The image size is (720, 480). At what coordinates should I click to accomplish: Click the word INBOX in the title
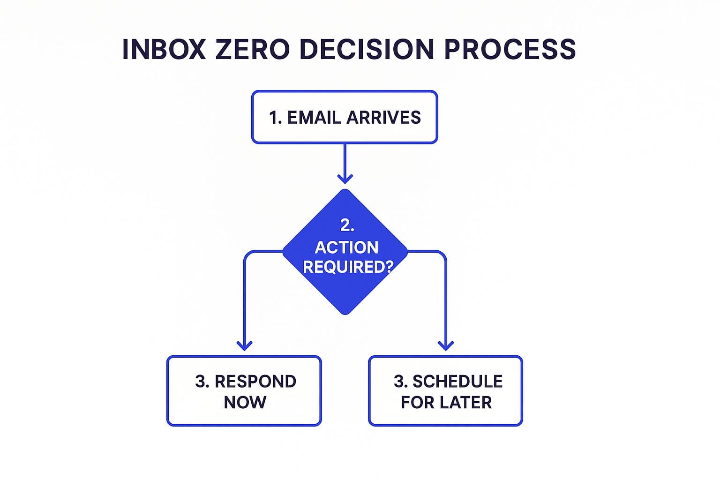pos(164,49)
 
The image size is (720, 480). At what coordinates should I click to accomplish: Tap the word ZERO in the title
pos(252,49)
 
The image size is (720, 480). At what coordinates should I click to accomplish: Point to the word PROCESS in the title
pos(510,49)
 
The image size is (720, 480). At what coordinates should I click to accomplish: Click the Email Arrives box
pos(345,117)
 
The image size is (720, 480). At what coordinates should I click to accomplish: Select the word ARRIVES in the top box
pos(383,117)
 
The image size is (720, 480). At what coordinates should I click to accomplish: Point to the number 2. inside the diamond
pos(347,225)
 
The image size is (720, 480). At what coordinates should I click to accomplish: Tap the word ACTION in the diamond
pos(346,247)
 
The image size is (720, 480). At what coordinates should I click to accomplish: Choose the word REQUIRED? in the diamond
pos(347,267)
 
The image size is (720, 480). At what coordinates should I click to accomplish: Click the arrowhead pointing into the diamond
pos(345,179)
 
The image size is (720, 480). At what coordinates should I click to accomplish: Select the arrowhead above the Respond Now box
pos(244,345)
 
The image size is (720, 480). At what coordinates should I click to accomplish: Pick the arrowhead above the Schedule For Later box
pos(445,345)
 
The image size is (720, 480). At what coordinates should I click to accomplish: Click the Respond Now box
pos(244,391)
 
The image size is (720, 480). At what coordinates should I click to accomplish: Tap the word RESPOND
pos(255,382)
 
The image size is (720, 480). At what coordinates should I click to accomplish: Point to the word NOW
pos(245,402)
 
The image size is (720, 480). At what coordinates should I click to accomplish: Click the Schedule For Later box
pos(445,391)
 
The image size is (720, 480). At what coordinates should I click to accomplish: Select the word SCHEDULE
pos(457,382)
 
